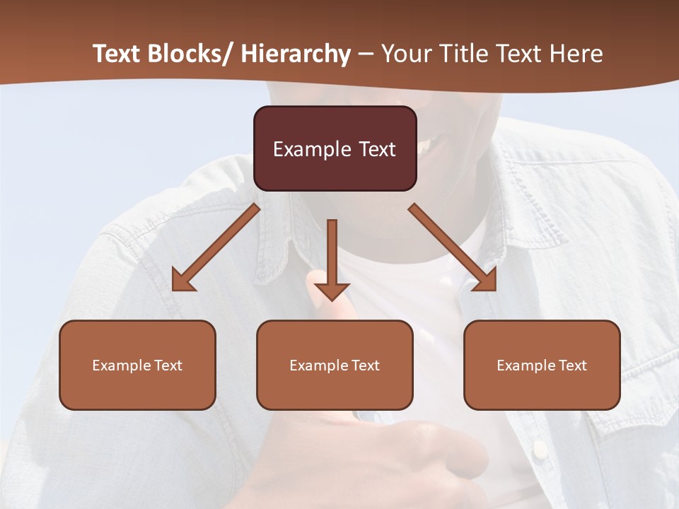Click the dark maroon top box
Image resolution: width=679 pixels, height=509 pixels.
click(335, 148)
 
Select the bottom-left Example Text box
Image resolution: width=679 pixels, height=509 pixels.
click(137, 365)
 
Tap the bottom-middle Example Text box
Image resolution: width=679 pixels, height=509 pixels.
click(335, 365)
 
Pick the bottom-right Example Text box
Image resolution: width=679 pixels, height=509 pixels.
click(542, 365)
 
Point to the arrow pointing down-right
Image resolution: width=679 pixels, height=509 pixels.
click(453, 247)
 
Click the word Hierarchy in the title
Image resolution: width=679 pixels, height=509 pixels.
click(295, 54)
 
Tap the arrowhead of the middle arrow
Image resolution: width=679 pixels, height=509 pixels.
click(332, 291)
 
